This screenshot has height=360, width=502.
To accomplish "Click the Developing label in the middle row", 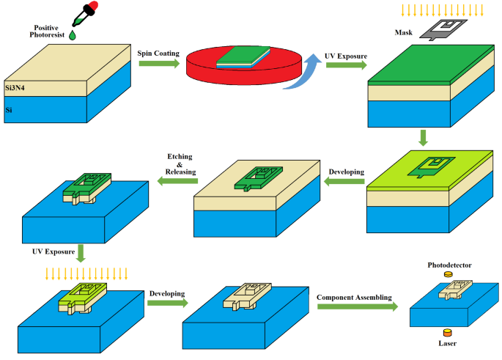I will point(346,172).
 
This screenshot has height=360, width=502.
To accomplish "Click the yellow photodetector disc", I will point(449,274).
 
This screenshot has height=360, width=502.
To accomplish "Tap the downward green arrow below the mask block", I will point(423,137).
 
